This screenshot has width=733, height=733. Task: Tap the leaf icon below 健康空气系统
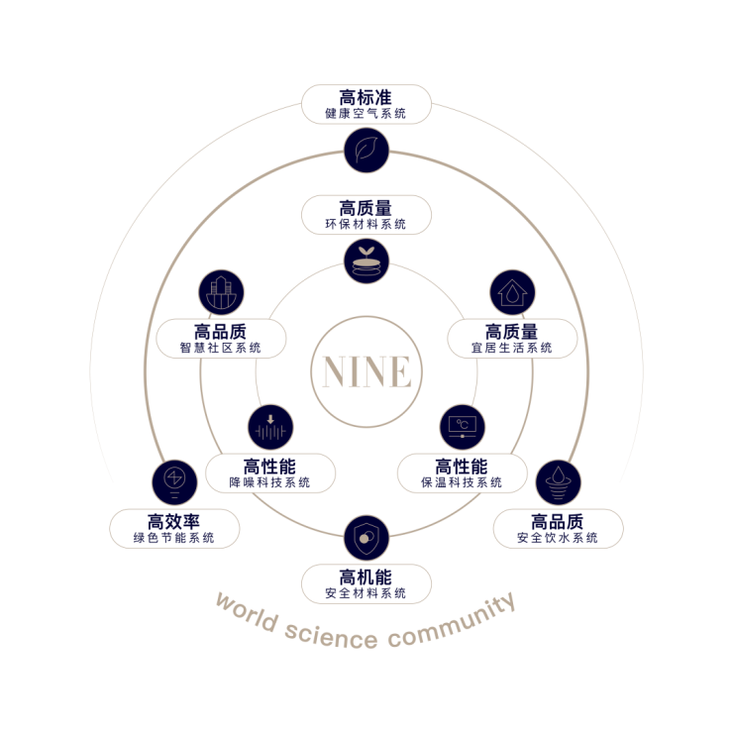coord(366,151)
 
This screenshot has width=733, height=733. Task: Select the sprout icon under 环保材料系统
coord(366,261)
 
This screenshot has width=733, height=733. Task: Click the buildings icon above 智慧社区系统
coord(221,293)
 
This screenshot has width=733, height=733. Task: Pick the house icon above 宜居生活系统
coord(512,293)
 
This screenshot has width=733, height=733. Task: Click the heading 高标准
coord(366,97)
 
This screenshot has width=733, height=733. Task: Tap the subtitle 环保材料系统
coord(366,225)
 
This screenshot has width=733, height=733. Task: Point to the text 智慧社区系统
coord(221,348)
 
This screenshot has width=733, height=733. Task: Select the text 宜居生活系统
coord(512,348)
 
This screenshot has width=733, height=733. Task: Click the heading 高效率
coord(174,521)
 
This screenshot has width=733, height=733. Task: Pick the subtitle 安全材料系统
coord(366,593)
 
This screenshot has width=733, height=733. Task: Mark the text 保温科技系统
coord(462,482)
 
